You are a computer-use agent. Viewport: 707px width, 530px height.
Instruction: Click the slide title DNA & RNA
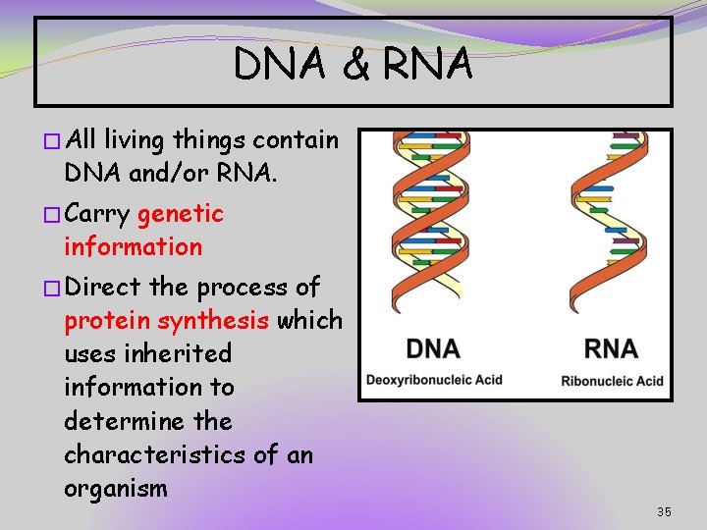pos(353,65)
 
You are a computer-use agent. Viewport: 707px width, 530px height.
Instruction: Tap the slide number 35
pos(664,512)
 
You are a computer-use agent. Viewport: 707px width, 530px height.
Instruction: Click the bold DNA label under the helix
pos(433,348)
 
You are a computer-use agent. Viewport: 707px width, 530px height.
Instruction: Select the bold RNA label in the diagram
pos(610,348)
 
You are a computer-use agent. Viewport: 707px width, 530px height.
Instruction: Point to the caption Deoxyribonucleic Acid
pos(434,380)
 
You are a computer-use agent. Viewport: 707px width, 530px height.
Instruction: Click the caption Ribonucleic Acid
pos(612,381)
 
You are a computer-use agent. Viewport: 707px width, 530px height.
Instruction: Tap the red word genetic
pos(181,214)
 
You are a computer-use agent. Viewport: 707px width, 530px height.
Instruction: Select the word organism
pos(116,489)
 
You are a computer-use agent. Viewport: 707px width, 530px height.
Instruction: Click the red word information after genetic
pos(133,247)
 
